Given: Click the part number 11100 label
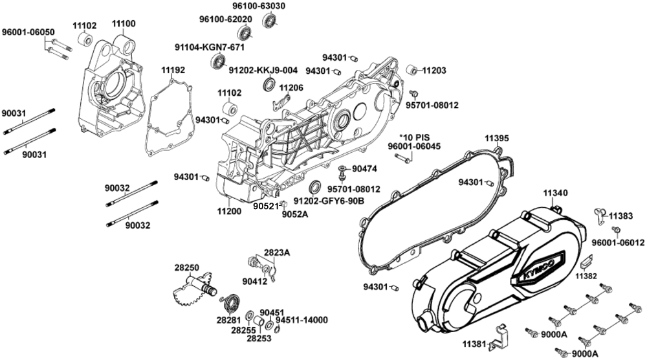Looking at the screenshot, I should [124, 24].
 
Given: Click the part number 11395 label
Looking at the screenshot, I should [498, 139].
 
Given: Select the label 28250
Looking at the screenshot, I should [186, 267].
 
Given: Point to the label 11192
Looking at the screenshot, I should [173, 69].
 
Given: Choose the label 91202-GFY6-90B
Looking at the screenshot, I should [329, 201].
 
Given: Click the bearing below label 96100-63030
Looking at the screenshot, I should [269, 19].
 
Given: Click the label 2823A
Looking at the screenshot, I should [277, 253].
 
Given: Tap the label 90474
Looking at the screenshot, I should [363, 169].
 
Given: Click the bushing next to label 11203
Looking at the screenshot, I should [410, 70].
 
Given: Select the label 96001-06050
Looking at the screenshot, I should [28, 32].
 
